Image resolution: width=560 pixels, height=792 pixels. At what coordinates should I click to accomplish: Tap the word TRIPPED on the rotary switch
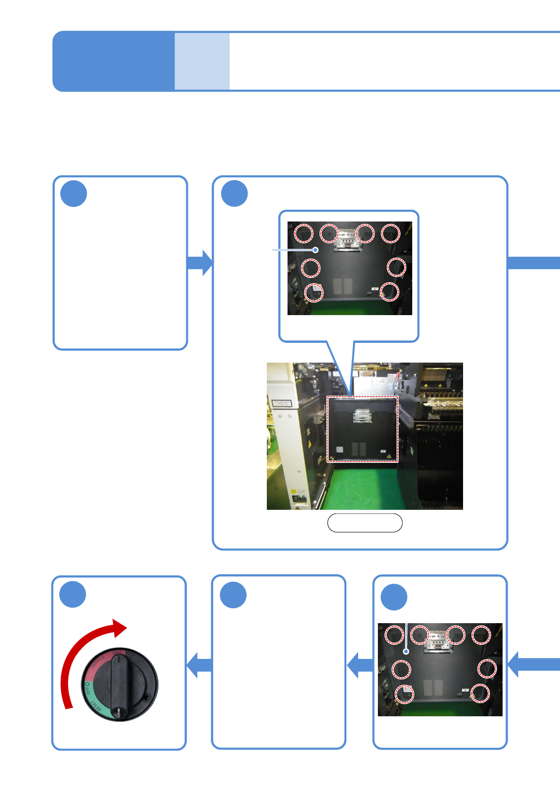point(98,663)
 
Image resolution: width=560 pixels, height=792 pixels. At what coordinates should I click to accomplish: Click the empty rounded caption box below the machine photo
point(365,523)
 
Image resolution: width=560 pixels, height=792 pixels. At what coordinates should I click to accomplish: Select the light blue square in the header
point(202,61)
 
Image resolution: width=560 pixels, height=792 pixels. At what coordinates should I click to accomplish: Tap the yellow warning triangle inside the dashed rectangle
point(389,456)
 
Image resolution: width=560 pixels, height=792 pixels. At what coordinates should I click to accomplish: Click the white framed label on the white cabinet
point(281,404)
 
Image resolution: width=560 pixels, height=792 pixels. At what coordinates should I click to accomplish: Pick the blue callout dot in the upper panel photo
point(316,250)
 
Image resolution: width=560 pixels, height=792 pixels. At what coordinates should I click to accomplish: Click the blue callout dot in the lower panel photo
point(406,652)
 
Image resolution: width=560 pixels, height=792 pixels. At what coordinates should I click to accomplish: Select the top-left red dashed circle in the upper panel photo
point(304,234)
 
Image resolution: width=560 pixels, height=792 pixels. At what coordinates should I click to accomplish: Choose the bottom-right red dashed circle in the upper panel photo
point(389,292)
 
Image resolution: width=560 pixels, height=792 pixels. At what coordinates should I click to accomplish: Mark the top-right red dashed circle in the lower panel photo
point(481,635)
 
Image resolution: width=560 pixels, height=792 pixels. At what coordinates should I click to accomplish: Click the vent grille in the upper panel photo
point(343,286)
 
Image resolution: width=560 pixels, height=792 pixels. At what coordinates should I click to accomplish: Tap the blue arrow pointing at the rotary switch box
point(199,665)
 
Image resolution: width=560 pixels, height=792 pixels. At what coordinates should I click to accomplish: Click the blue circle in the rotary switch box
point(73,594)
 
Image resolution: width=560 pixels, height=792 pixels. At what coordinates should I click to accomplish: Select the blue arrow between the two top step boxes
point(200,262)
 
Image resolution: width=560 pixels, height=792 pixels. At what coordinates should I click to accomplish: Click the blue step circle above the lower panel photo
point(394,597)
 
